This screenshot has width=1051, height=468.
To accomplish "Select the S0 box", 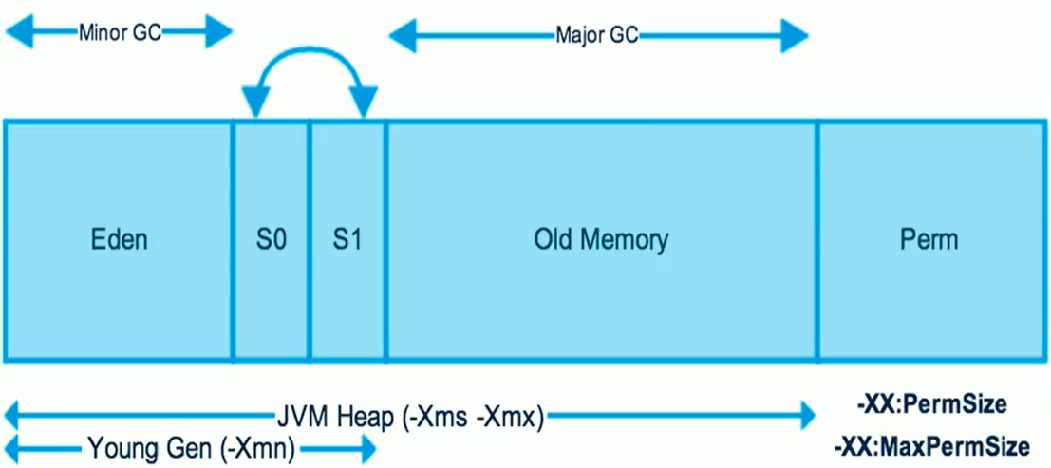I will [x=272, y=238].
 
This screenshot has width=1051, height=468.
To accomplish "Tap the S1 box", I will [x=347, y=238].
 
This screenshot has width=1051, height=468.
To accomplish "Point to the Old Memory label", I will [x=601, y=238].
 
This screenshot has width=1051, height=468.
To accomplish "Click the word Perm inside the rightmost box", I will [x=929, y=238].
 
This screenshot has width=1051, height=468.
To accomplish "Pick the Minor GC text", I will [x=120, y=32].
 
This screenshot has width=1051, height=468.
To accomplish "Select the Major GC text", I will [x=597, y=36].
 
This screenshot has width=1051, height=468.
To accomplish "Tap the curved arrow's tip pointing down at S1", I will [x=364, y=104].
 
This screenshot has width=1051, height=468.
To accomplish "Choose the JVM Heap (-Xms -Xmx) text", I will [x=409, y=416].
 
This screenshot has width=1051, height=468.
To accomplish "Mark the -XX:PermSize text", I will [x=930, y=405].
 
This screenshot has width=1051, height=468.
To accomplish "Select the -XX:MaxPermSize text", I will [x=931, y=445].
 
